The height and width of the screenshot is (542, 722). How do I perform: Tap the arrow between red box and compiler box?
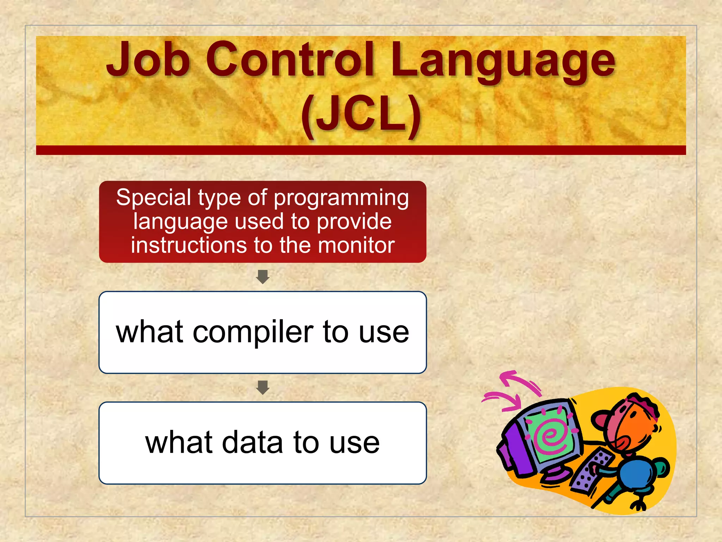tap(263, 277)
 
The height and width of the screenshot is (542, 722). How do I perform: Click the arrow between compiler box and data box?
tap(263, 387)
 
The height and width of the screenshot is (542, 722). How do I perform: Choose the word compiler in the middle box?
tap(253, 332)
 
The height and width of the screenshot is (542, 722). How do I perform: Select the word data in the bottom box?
tap(252, 443)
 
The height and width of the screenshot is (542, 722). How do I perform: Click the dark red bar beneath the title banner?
tap(361, 150)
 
